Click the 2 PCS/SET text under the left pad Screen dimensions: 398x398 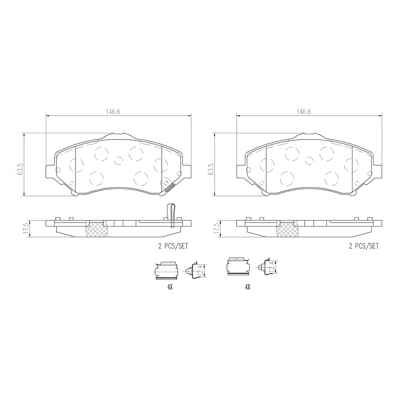[x=173, y=246]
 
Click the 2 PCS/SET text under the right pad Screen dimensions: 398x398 [x=363, y=246]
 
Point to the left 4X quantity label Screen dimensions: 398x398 [x=170, y=287]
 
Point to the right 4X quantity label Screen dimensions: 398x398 [x=248, y=287]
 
